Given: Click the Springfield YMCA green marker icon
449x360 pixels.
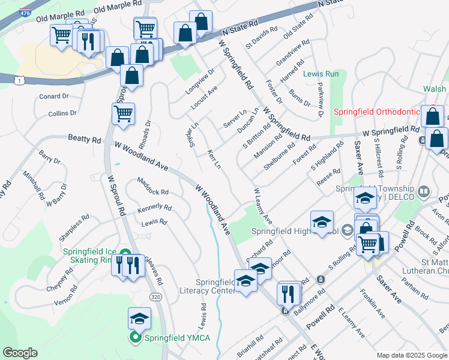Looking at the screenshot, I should coord(135,338).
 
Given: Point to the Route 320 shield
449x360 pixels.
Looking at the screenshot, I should coord(155,298).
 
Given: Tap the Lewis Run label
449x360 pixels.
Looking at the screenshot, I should coord(321,74).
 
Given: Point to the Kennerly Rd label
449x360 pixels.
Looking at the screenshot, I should coord(154,207).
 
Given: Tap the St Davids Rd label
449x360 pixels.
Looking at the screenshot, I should coord(262,37).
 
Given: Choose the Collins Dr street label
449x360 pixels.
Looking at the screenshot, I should coord(62,113).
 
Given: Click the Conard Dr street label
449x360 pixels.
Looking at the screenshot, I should coord(54,96).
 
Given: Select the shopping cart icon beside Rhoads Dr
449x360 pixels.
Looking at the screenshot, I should coord(123,113).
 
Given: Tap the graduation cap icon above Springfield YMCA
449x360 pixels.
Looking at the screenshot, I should coord(139,318).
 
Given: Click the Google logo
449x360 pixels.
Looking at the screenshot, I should coord(20,352).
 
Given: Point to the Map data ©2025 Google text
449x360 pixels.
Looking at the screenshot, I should coord(411,355).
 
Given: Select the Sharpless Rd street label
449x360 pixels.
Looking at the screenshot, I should coord(74,229).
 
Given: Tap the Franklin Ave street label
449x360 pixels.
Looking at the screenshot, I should coord(372,303).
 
